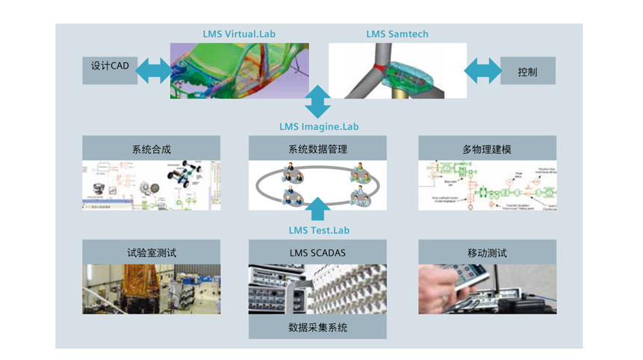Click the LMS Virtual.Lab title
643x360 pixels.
pos(239,34)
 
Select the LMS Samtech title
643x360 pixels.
pos(397,34)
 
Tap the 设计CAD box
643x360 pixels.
pos(110,66)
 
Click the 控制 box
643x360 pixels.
pos(527,72)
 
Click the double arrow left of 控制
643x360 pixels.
pos(483,72)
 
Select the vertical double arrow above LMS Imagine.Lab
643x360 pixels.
pos(317,102)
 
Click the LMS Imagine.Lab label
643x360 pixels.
pos(319,127)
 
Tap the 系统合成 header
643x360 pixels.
pos(151,149)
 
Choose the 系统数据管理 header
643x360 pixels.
pos(317,149)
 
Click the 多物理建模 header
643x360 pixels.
pos(487,149)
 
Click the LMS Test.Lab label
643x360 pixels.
pos(319,230)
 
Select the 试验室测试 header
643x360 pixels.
pos(151,252)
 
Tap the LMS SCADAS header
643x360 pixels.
pos(317,252)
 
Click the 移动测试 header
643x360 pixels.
pos(487,252)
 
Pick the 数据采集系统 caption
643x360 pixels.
pos(317,327)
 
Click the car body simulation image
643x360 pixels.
pos(239,71)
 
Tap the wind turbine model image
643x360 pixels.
pos(397,71)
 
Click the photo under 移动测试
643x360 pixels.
pos(487,289)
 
